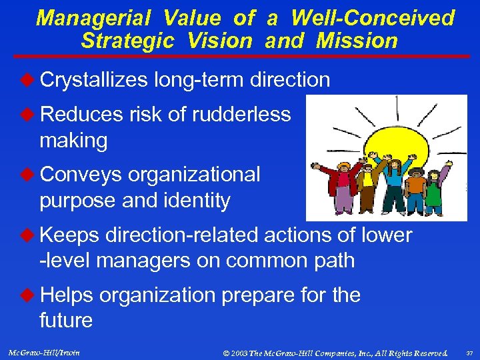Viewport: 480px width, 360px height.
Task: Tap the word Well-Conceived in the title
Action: (373, 18)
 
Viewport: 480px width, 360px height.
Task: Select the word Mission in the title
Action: (357, 41)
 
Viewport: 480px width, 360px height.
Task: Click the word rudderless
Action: (241, 115)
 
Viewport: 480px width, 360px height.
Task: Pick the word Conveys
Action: (81, 175)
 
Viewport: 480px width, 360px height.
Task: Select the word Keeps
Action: (70, 235)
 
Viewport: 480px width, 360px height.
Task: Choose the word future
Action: (65, 321)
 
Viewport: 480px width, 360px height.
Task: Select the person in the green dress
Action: (433, 189)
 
